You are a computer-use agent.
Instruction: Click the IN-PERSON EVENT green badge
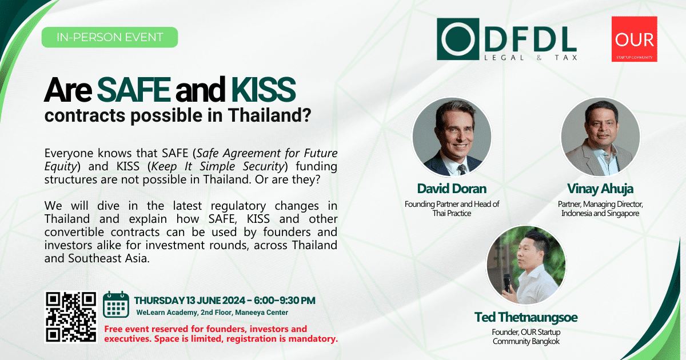tap(110, 37)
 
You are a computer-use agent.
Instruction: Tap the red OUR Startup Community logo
tap(634, 39)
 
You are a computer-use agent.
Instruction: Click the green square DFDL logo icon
tap(458, 39)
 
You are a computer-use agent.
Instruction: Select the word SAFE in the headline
tap(134, 89)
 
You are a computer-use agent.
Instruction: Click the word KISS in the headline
tap(264, 89)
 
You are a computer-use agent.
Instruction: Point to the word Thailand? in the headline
tap(269, 115)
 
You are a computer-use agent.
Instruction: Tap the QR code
tap(71, 317)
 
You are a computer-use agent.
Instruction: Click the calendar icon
tap(115, 304)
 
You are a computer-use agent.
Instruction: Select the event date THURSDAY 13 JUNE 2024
tap(190, 301)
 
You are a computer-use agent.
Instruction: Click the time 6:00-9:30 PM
tap(285, 301)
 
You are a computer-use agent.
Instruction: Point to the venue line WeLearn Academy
tap(212, 313)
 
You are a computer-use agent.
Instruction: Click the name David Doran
tap(452, 189)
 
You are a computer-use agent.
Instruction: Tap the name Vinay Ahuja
tap(600, 189)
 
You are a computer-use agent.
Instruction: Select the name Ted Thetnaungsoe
tap(526, 317)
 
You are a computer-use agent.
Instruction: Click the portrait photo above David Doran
tap(452, 137)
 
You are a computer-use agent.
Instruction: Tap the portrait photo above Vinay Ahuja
tap(601, 137)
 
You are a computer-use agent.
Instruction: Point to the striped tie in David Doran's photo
tap(462, 170)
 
